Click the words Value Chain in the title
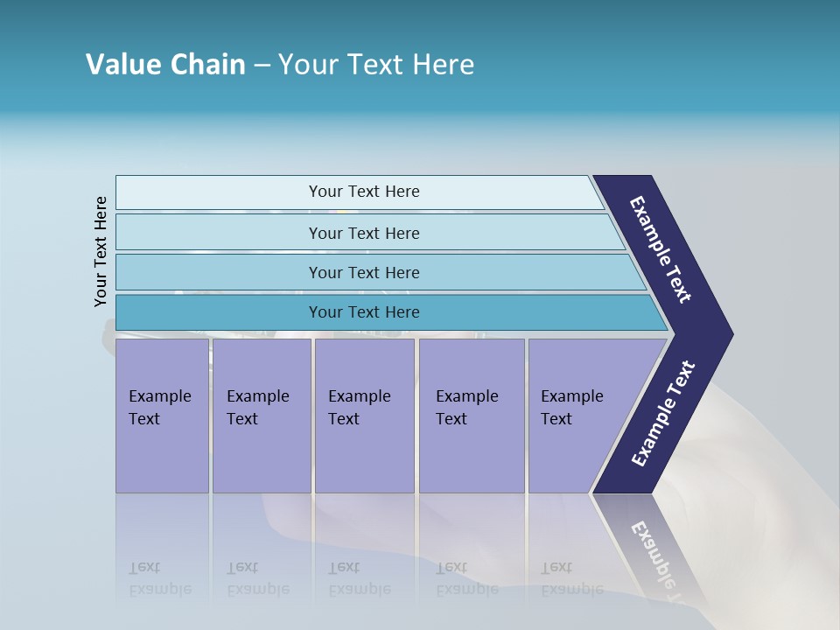click(x=165, y=65)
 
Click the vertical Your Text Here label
click(x=101, y=251)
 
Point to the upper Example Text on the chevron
click(x=661, y=249)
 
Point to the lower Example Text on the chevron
click(x=662, y=414)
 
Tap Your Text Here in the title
click(x=376, y=65)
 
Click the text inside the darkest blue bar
click(x=364, y=312)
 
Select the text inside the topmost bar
click(x=364, y=192)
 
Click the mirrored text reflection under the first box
click(x=159, y=578)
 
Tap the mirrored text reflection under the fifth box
click(x=571, y=578)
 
